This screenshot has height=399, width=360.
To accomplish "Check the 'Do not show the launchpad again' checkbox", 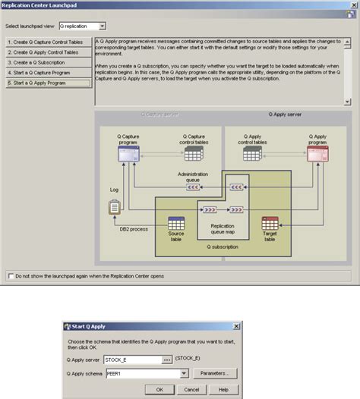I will tap(11, 277).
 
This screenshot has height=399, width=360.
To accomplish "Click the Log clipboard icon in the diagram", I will tap(115, 206).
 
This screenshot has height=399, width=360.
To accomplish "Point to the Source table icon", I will tap(176, 225).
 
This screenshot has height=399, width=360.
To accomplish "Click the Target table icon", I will tap(270, 225).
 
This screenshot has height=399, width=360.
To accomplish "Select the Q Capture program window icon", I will tap(128, 154).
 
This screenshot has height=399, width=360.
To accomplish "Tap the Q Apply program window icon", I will tap(317, 154).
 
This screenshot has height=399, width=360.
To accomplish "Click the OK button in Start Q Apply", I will tap(159, 389).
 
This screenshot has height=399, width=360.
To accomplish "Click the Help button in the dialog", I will tap(223, 389).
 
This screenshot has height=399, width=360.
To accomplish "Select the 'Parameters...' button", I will tap(216, 373).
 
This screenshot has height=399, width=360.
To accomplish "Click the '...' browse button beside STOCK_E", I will tap(167, 360).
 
